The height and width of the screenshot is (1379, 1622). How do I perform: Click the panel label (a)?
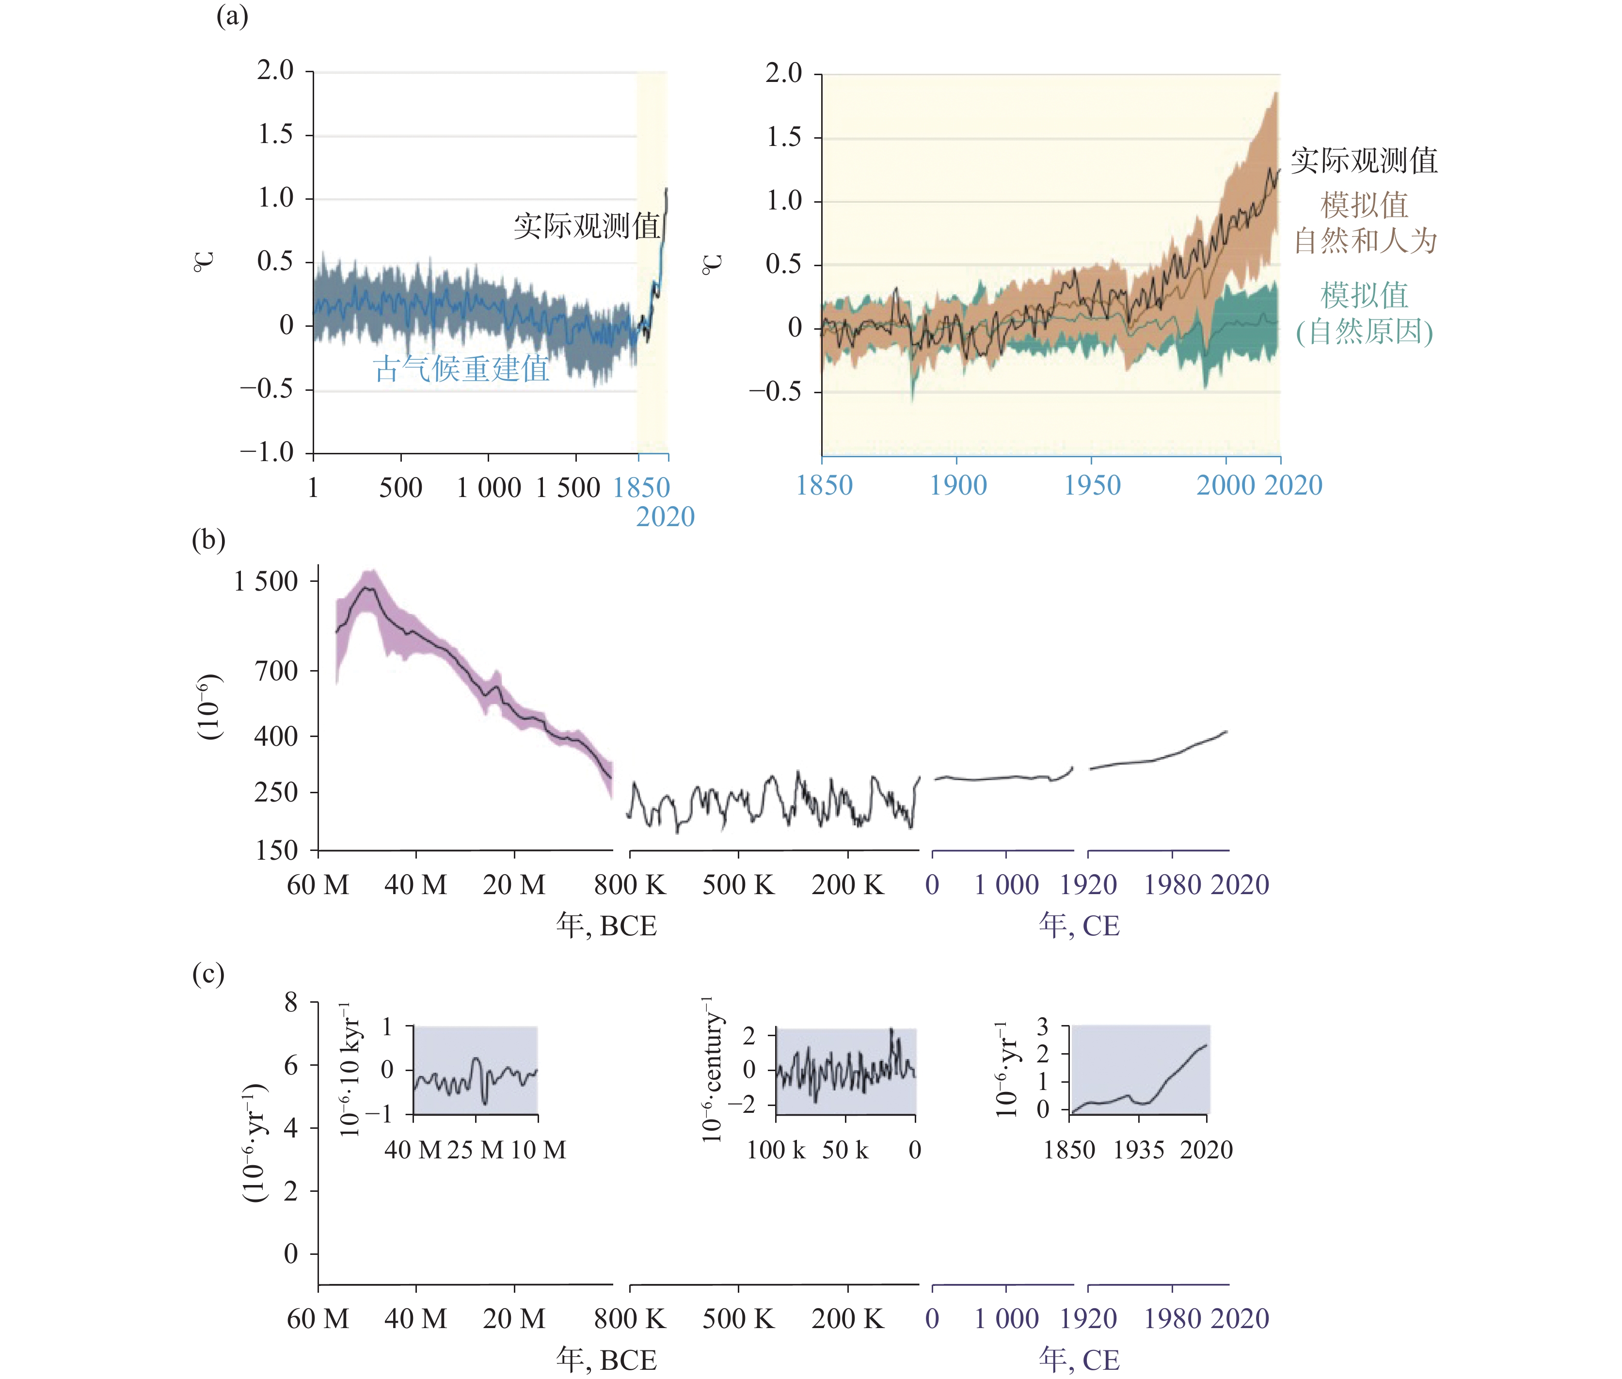tap(232, 16)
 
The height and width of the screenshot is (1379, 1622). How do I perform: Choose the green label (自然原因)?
tap(1365, 332)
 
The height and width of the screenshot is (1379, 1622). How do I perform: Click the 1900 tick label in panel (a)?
tap(957, 485)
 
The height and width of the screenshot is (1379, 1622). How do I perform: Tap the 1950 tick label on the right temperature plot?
tap(1092, 485)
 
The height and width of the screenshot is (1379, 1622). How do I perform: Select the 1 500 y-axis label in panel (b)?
tap(266, 581)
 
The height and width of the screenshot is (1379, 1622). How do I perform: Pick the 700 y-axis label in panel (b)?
tap(276, 671)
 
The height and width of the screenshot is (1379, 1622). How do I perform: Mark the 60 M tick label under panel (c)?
tap(318, 1319)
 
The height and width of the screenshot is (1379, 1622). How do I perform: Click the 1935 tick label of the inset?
tap(1139, 1150)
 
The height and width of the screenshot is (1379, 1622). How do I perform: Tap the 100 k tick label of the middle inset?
tap(776, 1150)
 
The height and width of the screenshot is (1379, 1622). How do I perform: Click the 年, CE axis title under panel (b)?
tap(1079, 926)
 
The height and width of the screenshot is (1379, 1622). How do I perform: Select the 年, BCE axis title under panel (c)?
tap(606, 1360)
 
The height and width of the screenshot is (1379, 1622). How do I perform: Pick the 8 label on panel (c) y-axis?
tap(291, 1002)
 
